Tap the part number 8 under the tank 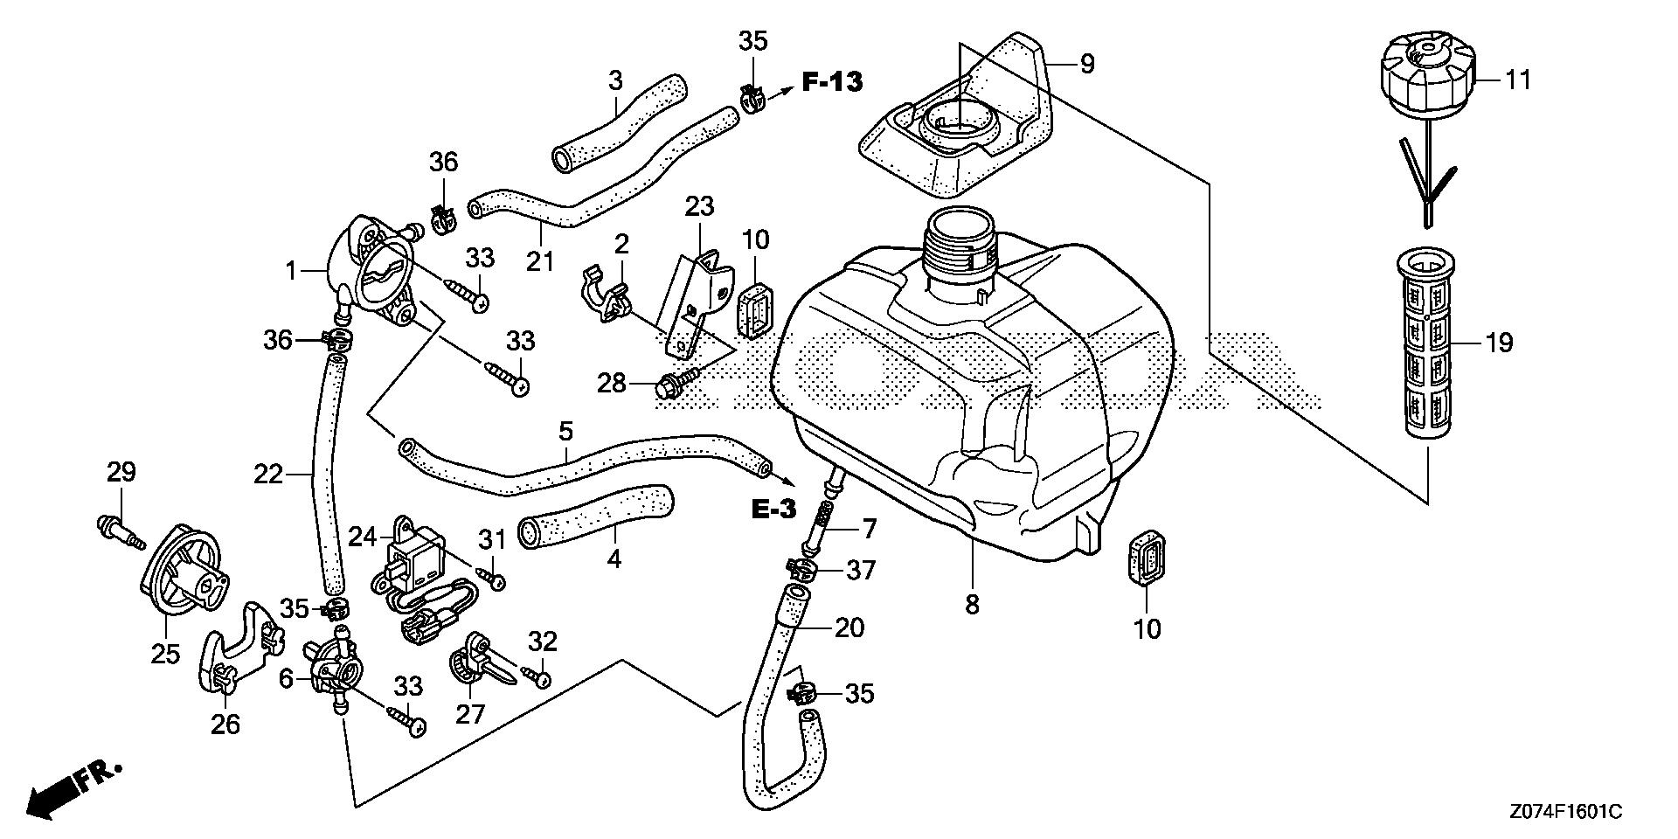click(x=973, y=604)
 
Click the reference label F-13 click(x=832, y=82)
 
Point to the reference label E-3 click(x=774, y=508)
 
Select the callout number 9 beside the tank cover click(x=1086, y=63)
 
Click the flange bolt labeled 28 click(x=677, y=382)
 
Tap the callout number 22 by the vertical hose click(x=269, y=475)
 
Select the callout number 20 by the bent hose click(x=849, y=628)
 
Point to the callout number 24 click(x=363, y=535)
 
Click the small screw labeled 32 click(x=536, y=676)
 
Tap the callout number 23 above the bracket click(x=699, y=207)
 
